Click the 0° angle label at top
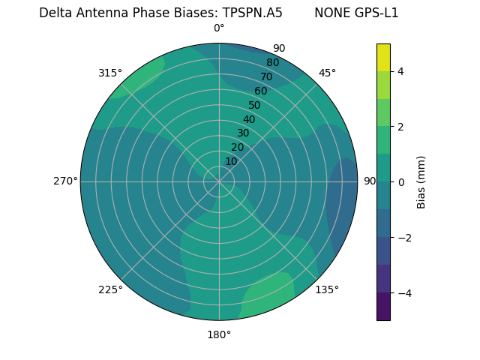click(x=219, y=28)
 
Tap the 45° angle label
click(x=327, y=73)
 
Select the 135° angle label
click(x=327, y=289)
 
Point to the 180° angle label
click(x=219, y=334)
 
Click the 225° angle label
click(x=110, y=289)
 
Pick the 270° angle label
click(x=65, y=181)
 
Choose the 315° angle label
click(x=110, y=73)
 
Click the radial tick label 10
click(x=231, y=161)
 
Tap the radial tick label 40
click(x=249, y=119)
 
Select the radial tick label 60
click(x=261, y=91)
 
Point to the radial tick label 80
click(x=273, y=62)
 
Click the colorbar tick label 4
click(x=401, y=71)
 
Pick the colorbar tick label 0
click(x=401, y=181)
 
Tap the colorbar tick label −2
click(x=404, y=238)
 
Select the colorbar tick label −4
click(x=404, y=293)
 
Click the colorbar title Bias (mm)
click(x=421, y=181)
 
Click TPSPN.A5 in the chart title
click(x=252, y=13)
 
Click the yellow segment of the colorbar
click(x=383, y=57)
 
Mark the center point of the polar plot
click(x=219, y=181)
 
